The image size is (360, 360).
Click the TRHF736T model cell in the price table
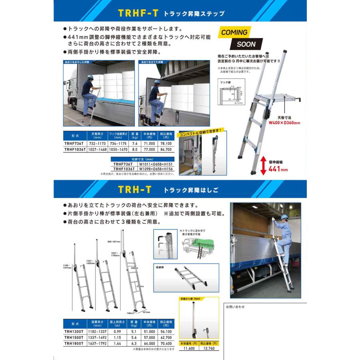pyautogui.click(x=74, y=142)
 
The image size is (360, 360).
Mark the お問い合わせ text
pyautogui.click(x=236, y=307)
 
